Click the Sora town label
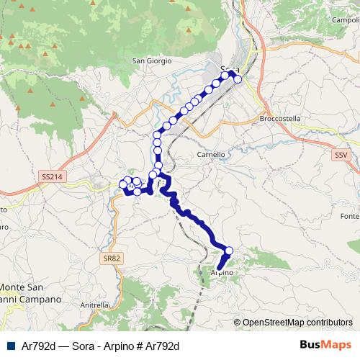(x=227, y=68)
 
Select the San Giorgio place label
(x=151, y=61)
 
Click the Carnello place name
(x=211, y=154)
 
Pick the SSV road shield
(x=341, y=155)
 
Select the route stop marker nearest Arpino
(x=230, y=251)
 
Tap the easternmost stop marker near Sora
(x=238, y=79)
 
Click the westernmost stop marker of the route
(x=123, y=185)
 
